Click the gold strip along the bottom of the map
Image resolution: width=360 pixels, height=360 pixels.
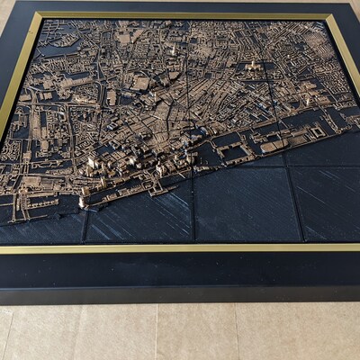coord(180,247)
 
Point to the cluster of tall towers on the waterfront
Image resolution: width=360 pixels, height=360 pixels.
coord(135,162)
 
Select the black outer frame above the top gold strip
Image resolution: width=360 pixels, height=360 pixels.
coord(180,6)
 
